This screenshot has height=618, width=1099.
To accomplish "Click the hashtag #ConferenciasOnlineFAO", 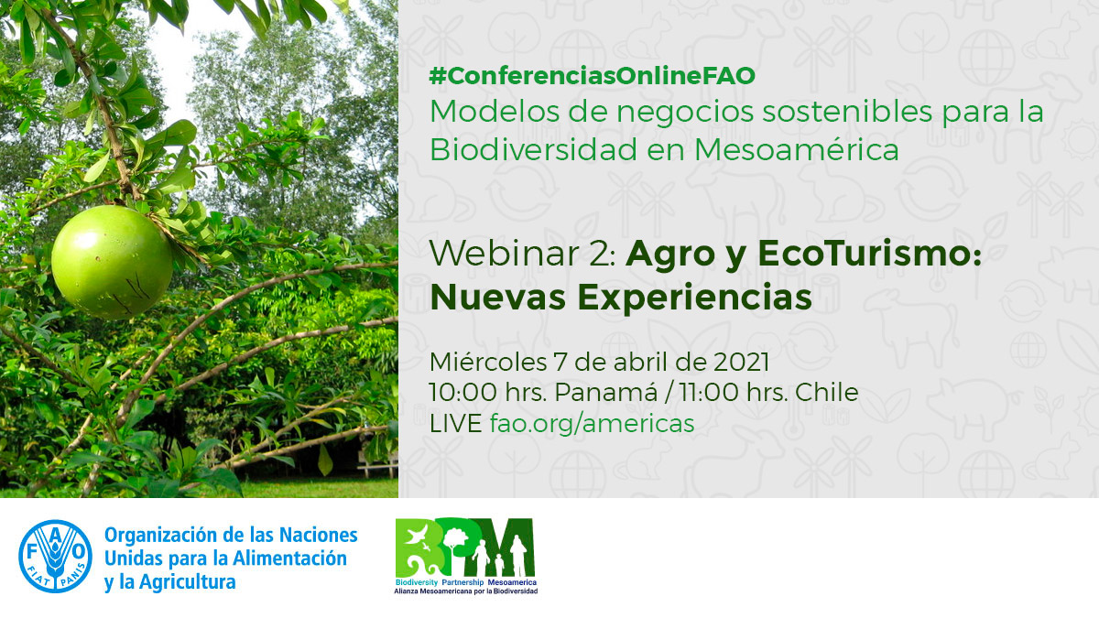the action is click(593, 76).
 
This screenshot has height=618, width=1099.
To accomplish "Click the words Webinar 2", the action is click(523, 254).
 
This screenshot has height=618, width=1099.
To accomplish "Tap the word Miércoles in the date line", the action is click(488, 363).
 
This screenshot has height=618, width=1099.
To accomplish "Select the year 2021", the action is click(741, 363).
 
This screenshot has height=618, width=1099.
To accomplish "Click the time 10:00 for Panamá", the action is click(463, 393).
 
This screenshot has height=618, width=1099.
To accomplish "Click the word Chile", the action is click(827, 393).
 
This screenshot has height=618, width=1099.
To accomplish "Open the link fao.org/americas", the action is click(593, 423).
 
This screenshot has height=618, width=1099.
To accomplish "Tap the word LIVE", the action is click(455, 423).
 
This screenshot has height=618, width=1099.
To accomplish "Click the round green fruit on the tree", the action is click(113, 263).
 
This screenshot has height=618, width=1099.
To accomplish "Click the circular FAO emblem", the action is click(56, 557).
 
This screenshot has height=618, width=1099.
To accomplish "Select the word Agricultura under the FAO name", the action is click(188, 582).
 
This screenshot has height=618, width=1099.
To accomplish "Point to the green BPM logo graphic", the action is click(464, 548).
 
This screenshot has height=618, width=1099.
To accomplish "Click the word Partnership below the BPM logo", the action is click(462, 582).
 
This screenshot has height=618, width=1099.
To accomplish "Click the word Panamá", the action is click(606, 393).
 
